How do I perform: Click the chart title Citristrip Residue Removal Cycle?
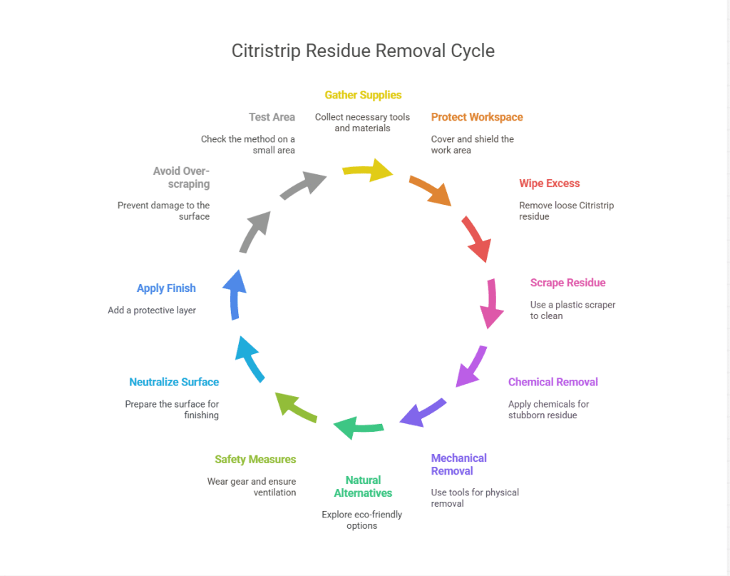click(x=363, y=51)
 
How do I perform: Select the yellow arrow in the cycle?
click(x=369, y=172)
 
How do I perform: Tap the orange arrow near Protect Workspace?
click(x=430, y=189)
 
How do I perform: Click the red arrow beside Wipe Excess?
click(x=475, y=238)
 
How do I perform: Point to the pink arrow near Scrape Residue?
click(x=491, y=303)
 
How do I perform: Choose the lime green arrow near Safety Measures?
click(x=296, y=407)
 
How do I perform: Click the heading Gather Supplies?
click(x=363, y=95)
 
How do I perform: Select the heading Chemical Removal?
click(x=552, y=382)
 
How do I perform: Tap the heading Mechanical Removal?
click(x=458, y=464)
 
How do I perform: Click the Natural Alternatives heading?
click(x=363, y=486)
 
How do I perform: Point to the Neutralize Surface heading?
click(x=174, y=382)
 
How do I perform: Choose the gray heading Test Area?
click(x=272, y=117)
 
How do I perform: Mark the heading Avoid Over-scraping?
click(x=181, y=177)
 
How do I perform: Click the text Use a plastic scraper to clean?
click(x=572, y=310)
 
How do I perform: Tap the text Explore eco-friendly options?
click(x=362, y=520)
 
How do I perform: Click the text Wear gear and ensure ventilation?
click(x=251, y=487)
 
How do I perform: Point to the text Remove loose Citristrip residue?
click(x=566, y=211)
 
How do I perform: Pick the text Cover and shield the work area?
click(x=472, y=144)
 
